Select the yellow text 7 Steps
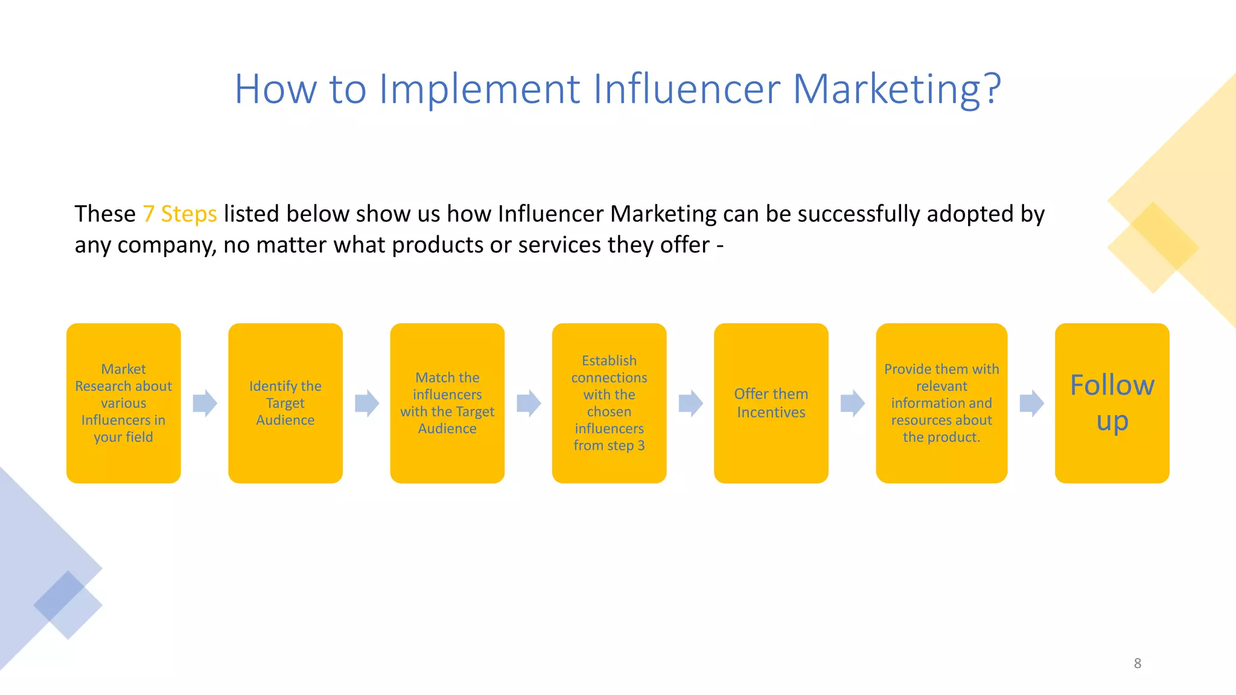coord(179,214)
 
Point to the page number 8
coord(1137,663)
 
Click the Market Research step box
coord(123,403)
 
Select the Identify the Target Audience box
coord(285,403)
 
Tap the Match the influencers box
coord(447,403)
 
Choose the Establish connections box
coord(609,403)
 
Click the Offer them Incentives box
coord(771,403)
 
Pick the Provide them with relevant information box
coord(941,403)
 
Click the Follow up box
coord(1112,403)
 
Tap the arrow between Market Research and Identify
coord(205,403)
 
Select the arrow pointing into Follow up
coord(1031,403)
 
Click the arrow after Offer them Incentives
coord(852,403)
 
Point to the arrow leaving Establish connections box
coord(690,403)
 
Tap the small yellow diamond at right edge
coord(1153,247)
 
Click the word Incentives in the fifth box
coord(771,413)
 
